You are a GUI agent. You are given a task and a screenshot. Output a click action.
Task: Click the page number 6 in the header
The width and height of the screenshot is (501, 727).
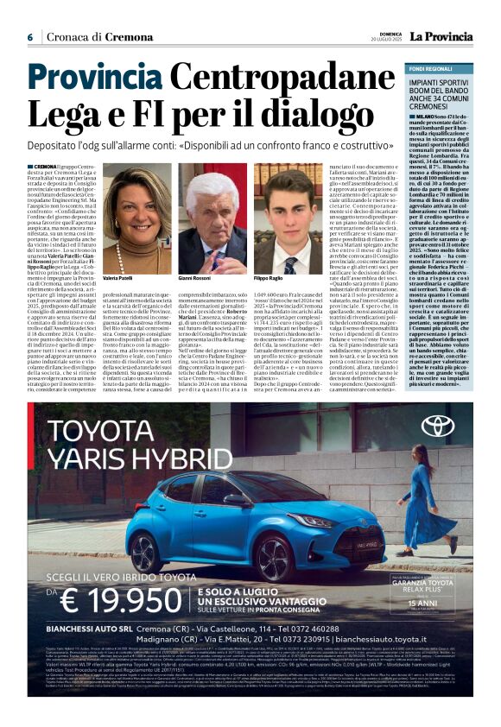point(30,37)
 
